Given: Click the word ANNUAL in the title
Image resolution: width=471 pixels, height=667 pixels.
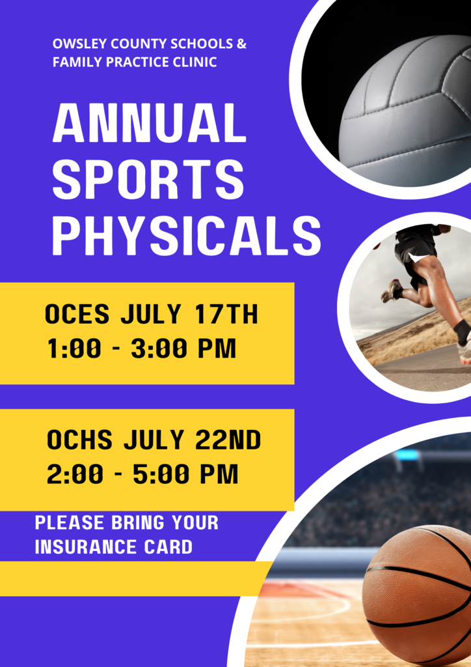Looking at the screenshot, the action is pos(150,123).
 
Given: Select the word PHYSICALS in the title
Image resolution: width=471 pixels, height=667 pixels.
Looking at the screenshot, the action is pos(187,236).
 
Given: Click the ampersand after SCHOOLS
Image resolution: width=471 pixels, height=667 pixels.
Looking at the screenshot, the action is pos(241,44).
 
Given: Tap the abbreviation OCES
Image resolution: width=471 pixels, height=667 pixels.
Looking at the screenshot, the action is pos(77,315).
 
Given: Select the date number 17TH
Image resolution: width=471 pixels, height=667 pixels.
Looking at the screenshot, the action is pos(227,315).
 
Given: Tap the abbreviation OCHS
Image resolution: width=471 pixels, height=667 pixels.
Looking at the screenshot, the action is pos(79,440).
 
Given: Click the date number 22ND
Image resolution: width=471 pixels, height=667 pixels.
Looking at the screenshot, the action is pos(228,440).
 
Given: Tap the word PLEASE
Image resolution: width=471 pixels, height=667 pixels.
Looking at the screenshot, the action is pos(69,522).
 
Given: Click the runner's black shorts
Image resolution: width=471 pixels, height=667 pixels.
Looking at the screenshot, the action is pos(414,251).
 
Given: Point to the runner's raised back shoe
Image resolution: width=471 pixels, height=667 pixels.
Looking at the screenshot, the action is pos(392,291).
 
